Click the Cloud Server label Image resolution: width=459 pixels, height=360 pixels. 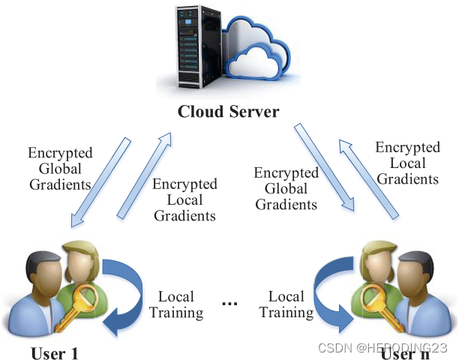click(228, 112)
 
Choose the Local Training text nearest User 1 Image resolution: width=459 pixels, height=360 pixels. click(176, 304)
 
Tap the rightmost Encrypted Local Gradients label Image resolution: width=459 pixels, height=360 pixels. click(407, 163)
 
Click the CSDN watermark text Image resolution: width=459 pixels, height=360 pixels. click(382, 347)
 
